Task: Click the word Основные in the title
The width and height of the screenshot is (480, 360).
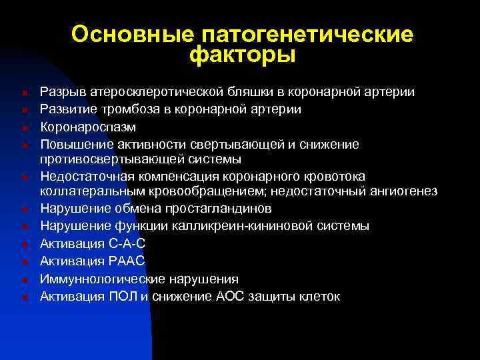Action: click(125, 35)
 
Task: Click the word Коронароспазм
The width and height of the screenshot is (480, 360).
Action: click(88, 126)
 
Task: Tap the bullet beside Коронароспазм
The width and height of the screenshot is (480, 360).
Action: click(23, 127)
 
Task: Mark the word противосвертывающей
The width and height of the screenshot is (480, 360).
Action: click(107, 159)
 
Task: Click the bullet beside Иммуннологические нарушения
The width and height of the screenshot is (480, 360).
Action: click(23, 279)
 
